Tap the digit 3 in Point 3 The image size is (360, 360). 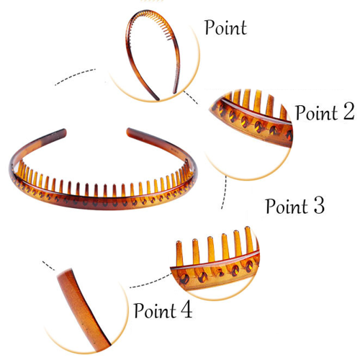click(319, 205)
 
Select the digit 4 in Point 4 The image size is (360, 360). click(186, 310)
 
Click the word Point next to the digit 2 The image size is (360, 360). click(317, 112)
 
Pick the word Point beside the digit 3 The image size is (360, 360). click(287, 206)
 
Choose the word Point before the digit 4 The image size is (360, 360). click(156, 310)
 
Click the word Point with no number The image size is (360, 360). click(225, 27)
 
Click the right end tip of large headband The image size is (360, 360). click(128, 131)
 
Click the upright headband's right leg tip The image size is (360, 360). click(175, 91)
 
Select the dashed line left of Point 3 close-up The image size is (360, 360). click(150, 282)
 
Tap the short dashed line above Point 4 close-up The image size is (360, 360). click(48, 266)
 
